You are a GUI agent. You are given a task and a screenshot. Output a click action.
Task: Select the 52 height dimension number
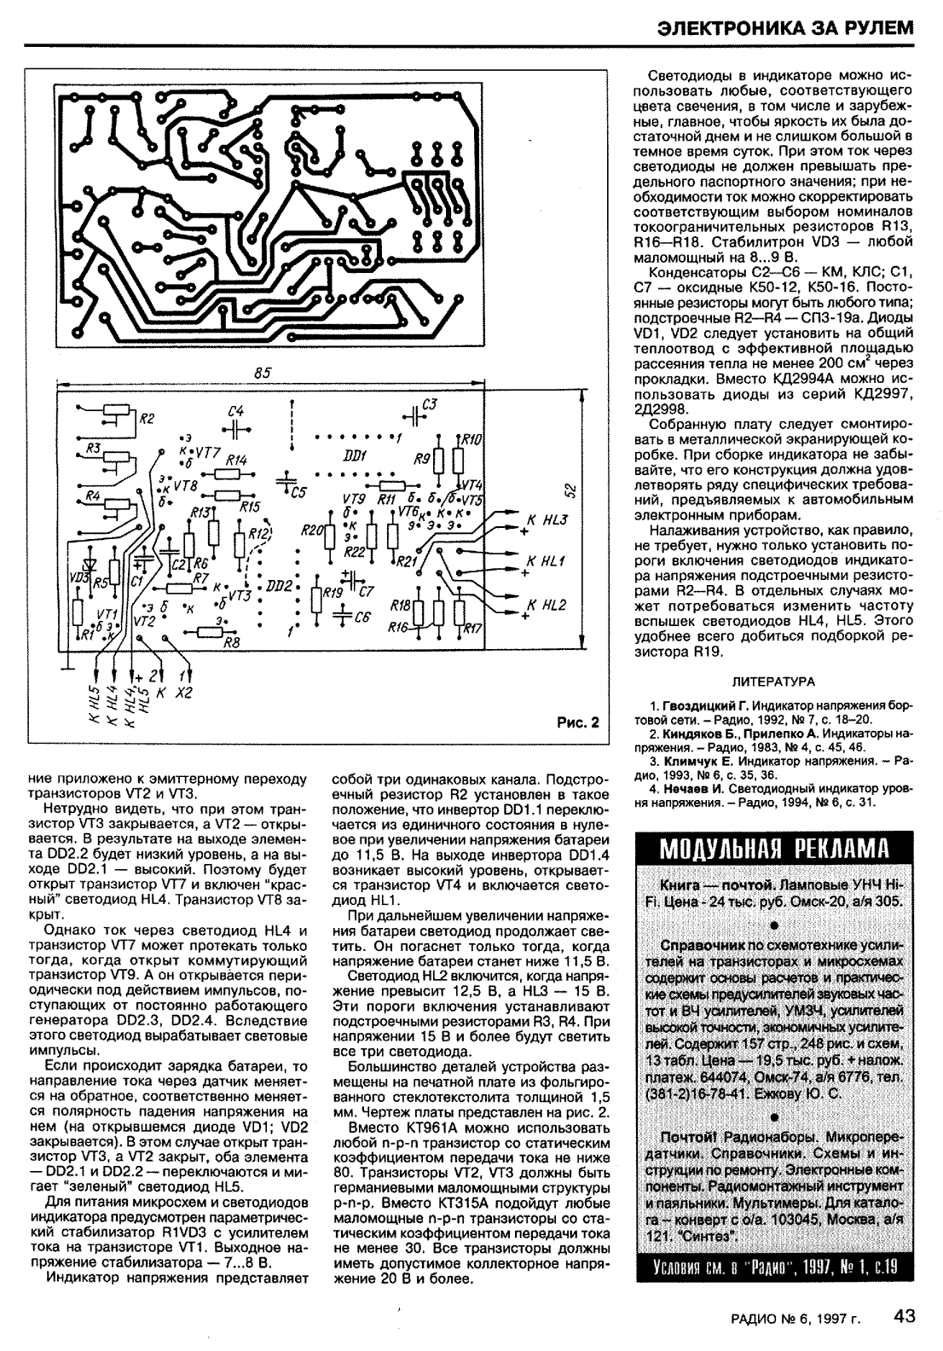pyautogui.click(x=572, y=490)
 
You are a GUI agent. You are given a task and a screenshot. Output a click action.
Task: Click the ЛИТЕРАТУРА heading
pyautogui.click(x=773, y=681)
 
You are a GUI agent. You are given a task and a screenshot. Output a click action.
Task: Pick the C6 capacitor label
pyautogui.click(x=362, y=617)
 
